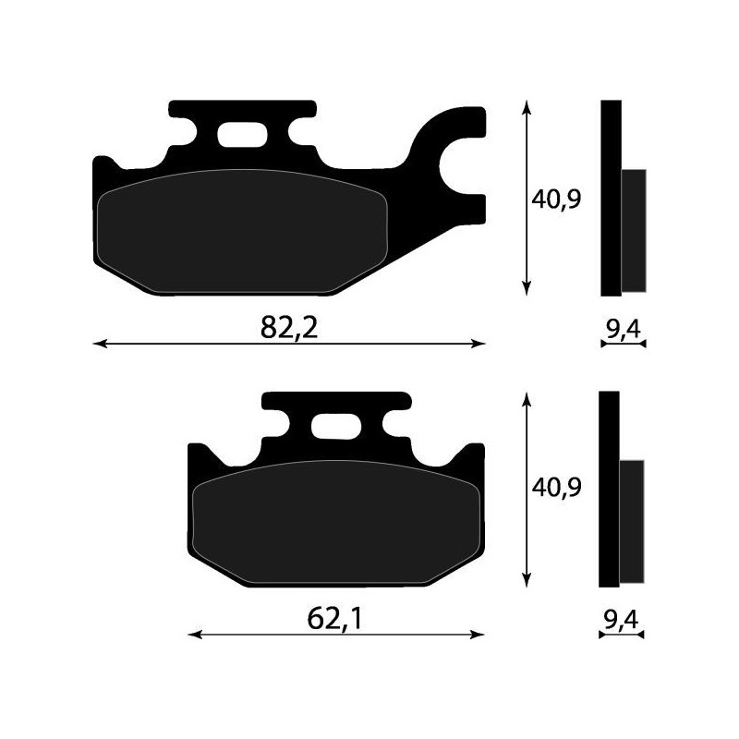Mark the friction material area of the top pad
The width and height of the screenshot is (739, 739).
tap(240, 233)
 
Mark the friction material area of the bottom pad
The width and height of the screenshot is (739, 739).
tap(334, 522)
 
